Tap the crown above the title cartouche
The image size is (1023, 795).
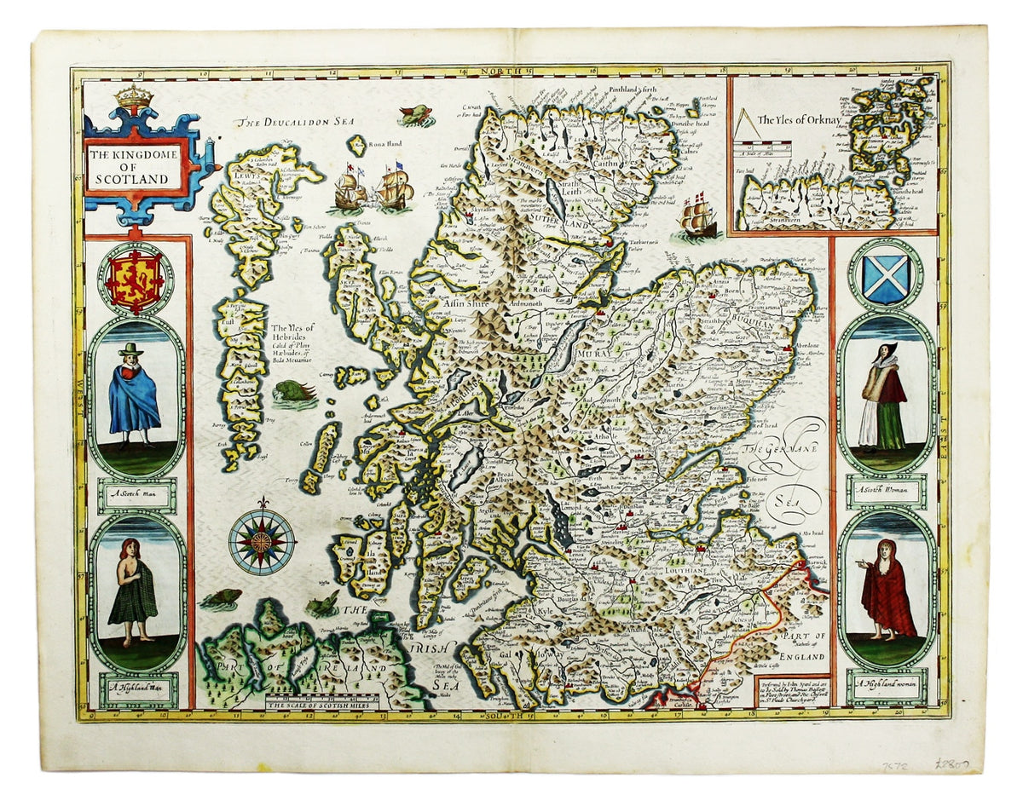(134, 99)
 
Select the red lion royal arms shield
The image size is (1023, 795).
(135, 280)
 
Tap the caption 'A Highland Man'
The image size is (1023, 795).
(136, 687)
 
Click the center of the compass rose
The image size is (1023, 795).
(262, 540)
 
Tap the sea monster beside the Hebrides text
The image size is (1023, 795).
(296, 393)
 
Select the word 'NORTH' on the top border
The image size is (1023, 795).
(498, 73)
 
